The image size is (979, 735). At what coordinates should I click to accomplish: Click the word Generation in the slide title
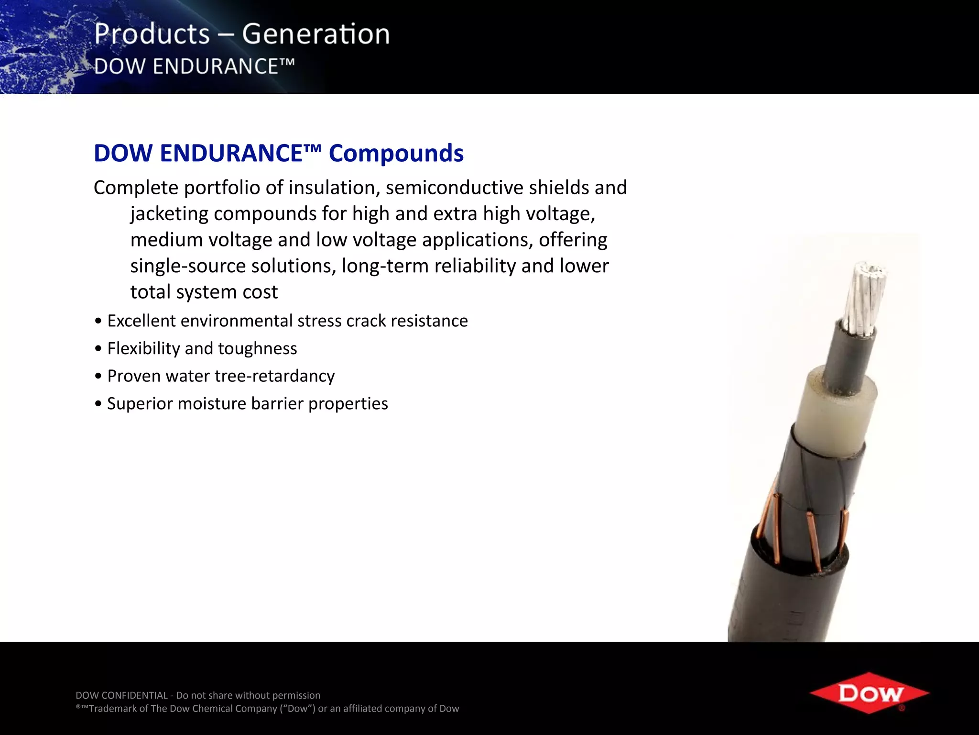[x=315, y=34]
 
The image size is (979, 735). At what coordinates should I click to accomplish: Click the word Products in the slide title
[x=152, y=34]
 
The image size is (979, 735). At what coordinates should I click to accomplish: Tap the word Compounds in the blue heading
[x=396, y=153]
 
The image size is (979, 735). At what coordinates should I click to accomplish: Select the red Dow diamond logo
[x=869, y=692]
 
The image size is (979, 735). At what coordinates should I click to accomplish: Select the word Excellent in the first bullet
[x=141, y=321]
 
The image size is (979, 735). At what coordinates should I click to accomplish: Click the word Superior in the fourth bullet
[x=139, y=403]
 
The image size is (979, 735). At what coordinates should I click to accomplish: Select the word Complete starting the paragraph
[x=136, y=188]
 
